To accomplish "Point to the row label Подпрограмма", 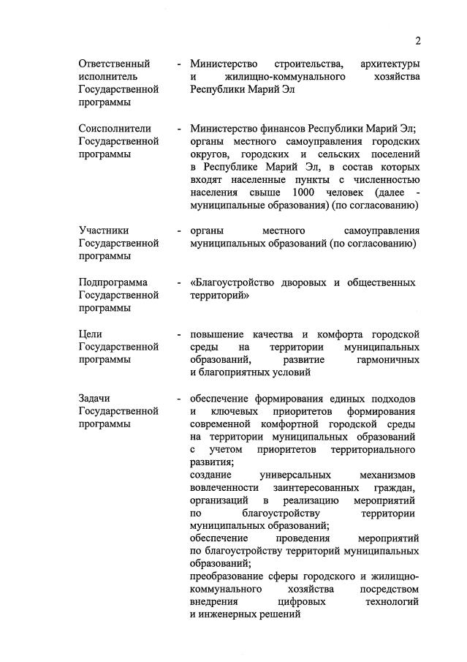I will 113,282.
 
